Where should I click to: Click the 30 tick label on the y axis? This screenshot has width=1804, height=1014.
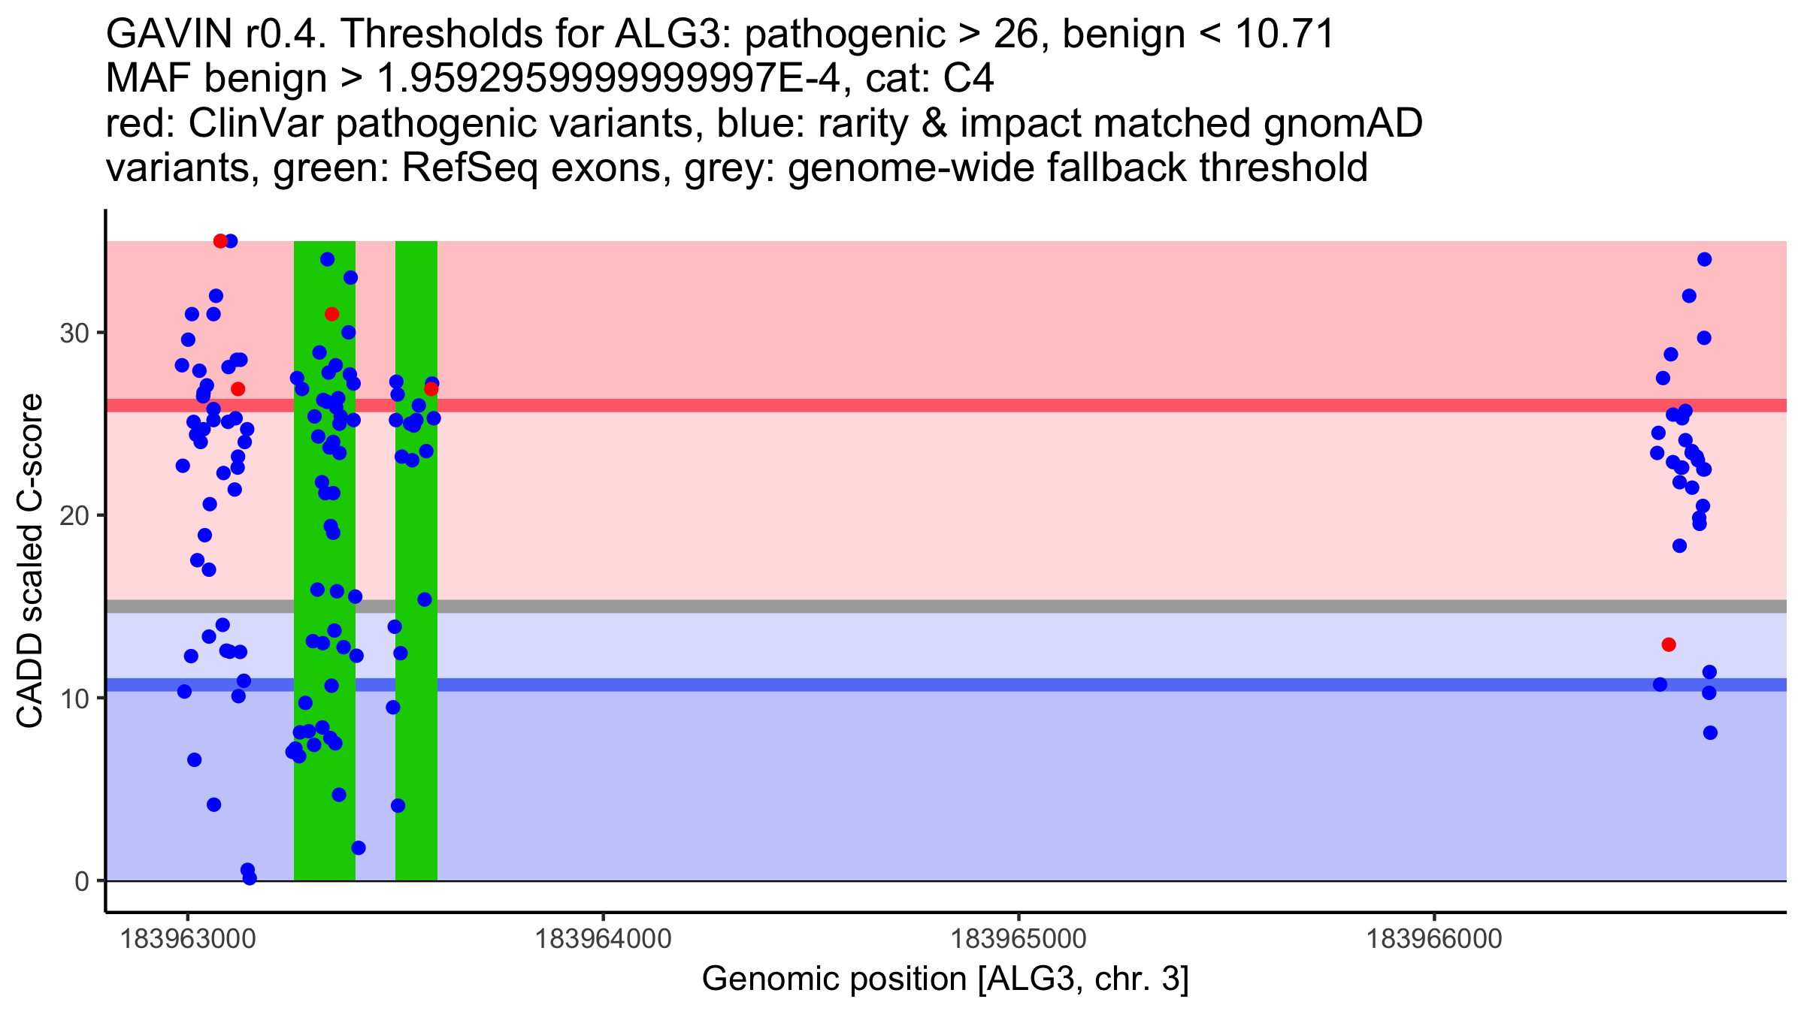(x=74, y=333)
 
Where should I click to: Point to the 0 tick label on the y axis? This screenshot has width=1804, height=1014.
(x=81, y=881)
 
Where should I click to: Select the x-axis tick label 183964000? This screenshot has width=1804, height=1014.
(x=602, y=939)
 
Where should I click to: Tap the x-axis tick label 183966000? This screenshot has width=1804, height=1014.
(x=1433, y=939)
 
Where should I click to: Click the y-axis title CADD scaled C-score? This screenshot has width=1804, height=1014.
(x=30, y=561)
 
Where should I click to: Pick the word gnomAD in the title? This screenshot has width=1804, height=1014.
(x=1342, y=124)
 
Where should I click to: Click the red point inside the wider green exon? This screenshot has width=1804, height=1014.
(x=331, y=314)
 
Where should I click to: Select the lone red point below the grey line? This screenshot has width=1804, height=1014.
(x=1669, y=644)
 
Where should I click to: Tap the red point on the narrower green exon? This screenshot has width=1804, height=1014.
(x=431, y=388)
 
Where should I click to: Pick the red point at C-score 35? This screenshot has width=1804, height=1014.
(x=220, y=241)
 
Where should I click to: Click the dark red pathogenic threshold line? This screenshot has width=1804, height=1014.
(x=977, y=406)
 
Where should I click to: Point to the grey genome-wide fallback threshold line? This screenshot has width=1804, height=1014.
(x=977, y=606)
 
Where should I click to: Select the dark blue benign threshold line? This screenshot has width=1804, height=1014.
(x=977, y=685)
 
